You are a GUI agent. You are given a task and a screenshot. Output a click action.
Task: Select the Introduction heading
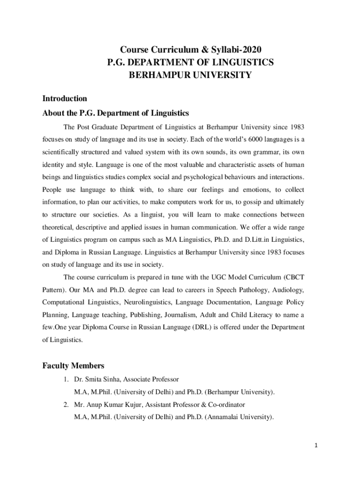tap(65, 99)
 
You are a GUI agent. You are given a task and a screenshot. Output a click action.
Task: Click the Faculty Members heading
tap(73, 365)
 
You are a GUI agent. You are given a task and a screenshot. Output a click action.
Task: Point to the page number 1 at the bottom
tap(316, 445)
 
